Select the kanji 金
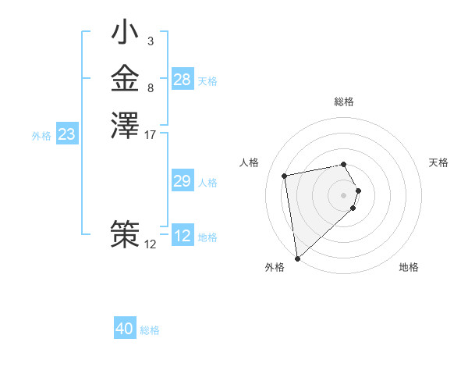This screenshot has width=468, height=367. [125, 79]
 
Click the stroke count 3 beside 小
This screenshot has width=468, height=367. [150, 41]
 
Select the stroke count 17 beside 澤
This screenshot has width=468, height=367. [151, 134]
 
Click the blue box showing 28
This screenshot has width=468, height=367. [183, 80]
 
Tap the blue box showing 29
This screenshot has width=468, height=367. [183, 181]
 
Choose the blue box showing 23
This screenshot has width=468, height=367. [67, 134]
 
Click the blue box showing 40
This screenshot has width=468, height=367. [125, 329]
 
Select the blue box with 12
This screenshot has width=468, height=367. [183, 236]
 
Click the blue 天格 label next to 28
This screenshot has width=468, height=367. [207, 80]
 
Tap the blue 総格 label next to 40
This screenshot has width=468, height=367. [150, 330]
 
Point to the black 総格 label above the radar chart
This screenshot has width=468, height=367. [344, 102]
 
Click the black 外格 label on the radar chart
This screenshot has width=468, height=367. [275, 268]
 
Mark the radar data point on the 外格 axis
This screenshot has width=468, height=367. [298, 258]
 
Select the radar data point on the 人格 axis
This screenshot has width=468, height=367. [285, 175]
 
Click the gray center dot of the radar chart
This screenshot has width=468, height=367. [344, 194]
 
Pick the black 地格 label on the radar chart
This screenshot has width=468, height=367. [409, 268]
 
